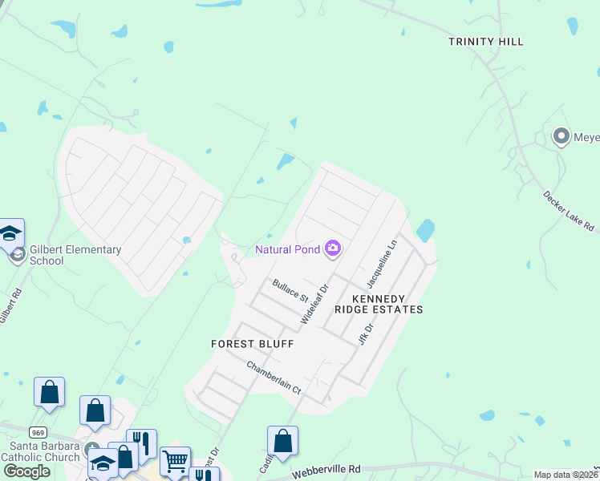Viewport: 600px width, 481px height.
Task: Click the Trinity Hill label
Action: pyautogui.click(x=486, y=42)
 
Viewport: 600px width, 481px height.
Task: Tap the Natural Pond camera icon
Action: pyautogui.click(x=333, y=249)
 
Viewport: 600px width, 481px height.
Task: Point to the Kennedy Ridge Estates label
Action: pyautogui.click(x=387, y=304)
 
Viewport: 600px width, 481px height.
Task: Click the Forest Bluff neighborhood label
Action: pyautogui.click(x=252, y=344)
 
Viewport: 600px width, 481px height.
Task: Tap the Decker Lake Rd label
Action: pyautogui.click(x=570, y=211)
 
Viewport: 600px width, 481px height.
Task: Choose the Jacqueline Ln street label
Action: pyautogui.click(x=381, y=264)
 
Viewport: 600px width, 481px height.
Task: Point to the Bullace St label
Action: pyautogui.click(x=290, y=289)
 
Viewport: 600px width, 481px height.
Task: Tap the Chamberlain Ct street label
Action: pyautogui.click(x=273, y=378)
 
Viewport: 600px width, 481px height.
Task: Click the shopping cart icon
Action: pyautogui.click(x=175, y=460)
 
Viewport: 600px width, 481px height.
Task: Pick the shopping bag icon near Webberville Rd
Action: pyautogui.click(x=282, y=440)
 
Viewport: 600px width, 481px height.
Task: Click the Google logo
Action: pyautogui.click(x=26, y=471)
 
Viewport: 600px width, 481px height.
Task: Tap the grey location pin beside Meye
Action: pyautogui.click(x=561, y=136)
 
